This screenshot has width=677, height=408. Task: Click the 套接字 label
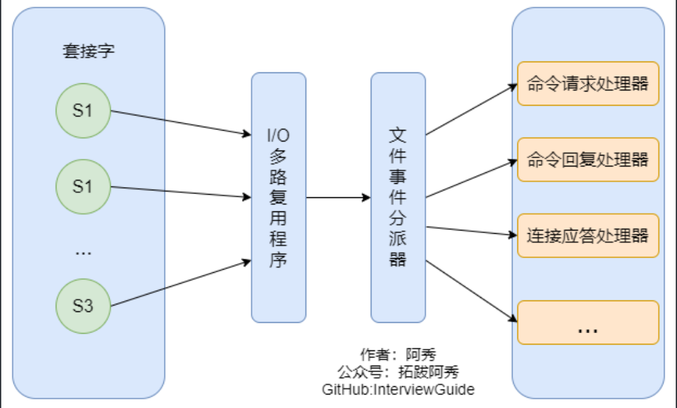tap(88, 51)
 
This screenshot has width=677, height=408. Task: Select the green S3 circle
tap(83, 306)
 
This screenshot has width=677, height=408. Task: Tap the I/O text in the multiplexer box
tap(278, 135)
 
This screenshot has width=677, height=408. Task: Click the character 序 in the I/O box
tap(278, 260)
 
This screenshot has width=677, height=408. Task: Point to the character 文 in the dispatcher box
tap(398, 135)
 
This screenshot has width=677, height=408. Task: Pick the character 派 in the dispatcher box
tap(398, 238)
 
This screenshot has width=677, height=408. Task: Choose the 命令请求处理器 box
tap(587, 84)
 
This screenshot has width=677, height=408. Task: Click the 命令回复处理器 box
tap(587, 159)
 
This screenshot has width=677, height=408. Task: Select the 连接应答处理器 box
tap(587, 235)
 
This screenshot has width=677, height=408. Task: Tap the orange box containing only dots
tap(587, 322)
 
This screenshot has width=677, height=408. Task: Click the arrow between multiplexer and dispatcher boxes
tap(338, 198)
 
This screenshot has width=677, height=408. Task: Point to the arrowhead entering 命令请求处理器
tap(512, 87)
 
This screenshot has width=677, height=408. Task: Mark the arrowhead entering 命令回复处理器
tap(512, 163)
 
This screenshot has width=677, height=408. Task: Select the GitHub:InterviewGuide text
tap(398, 389)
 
